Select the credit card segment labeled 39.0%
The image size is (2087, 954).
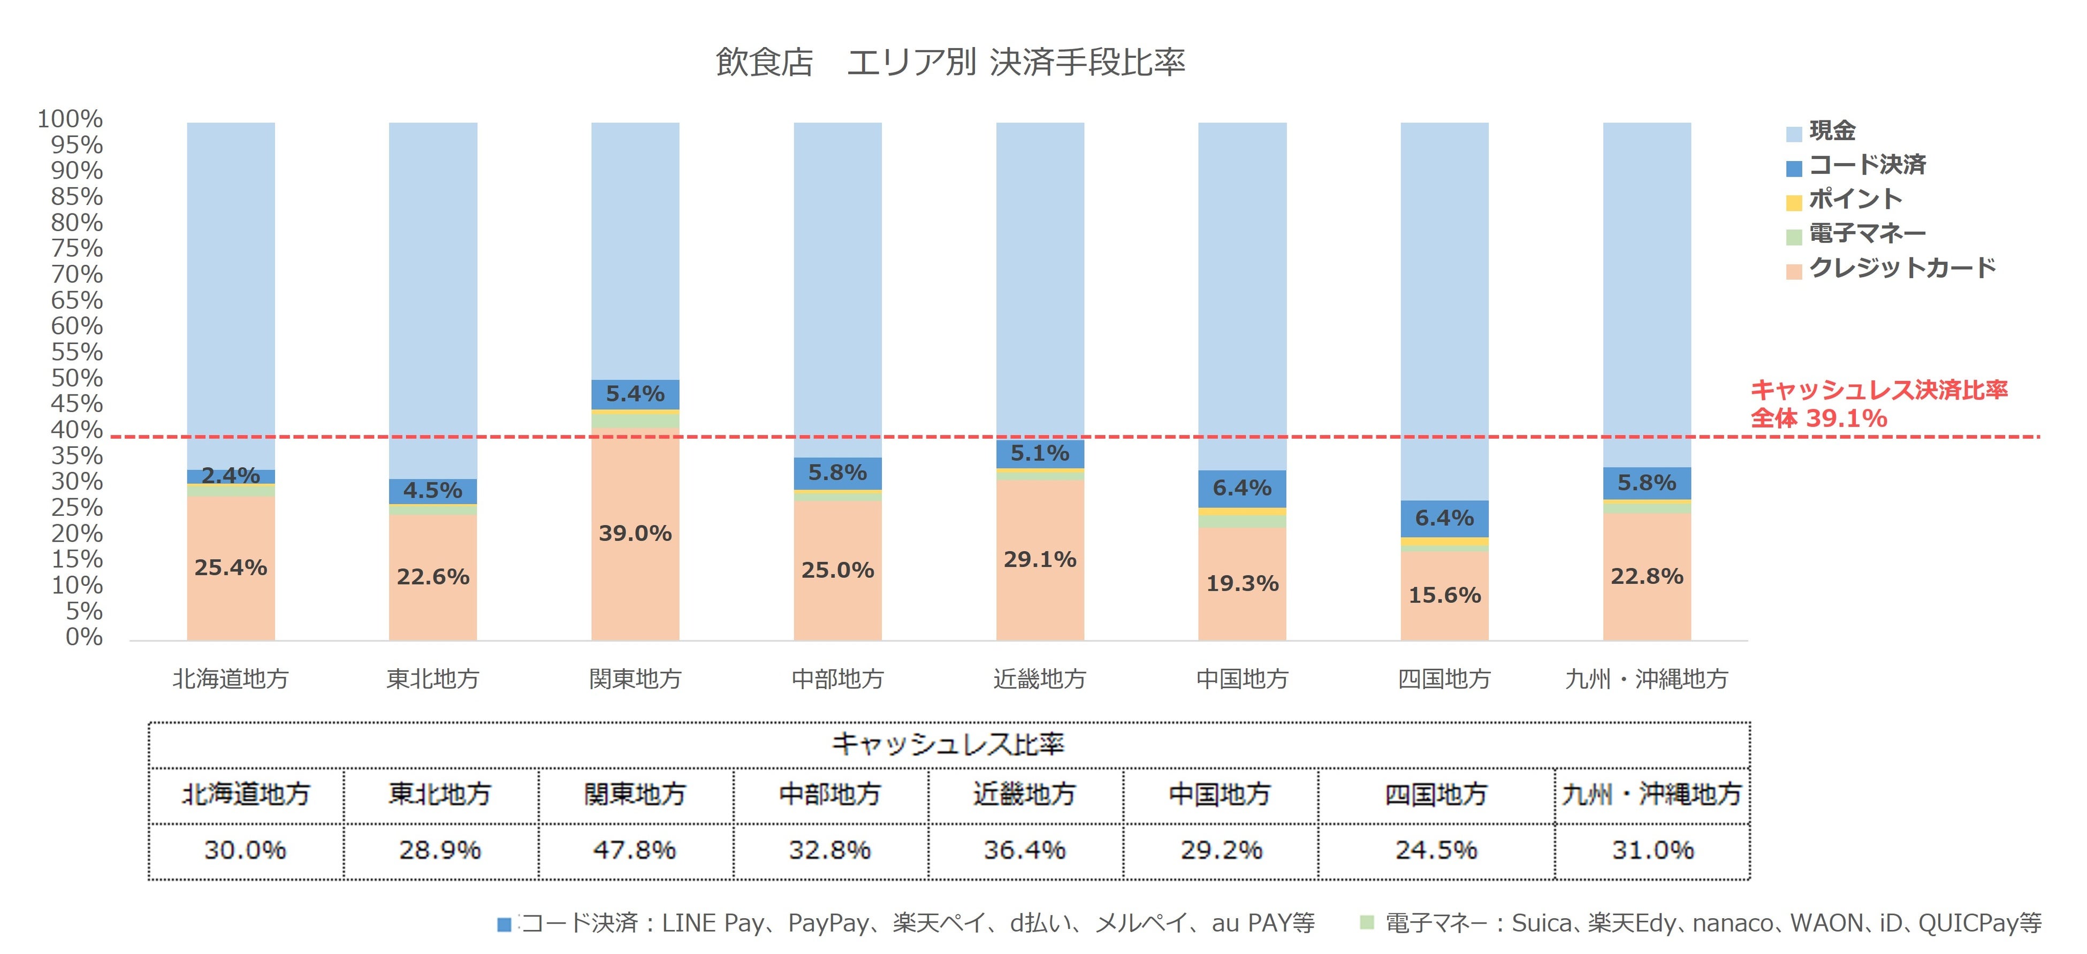[x=635, y=533]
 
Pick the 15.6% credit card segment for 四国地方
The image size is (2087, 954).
[x=1444, y=595]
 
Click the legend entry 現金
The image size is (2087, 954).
[x=1832, y=131]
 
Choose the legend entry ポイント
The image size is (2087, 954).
[x=1854, y=199]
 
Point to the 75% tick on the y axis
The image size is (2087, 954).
[x=78, y=248]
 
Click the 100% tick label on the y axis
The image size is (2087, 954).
[x=71, y=119]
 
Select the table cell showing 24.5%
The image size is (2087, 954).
[x=1436, y=850]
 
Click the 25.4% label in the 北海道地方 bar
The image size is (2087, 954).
[x=231, y=568]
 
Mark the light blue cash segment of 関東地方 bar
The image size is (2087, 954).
[x=635, y=251]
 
